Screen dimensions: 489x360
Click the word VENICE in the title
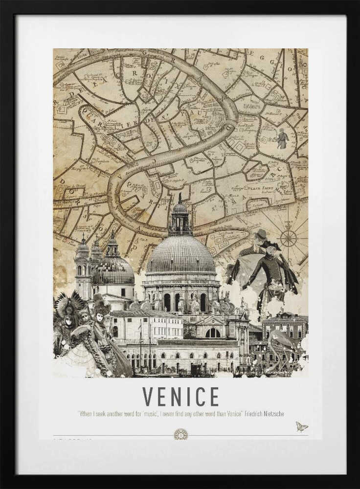coord(180,397)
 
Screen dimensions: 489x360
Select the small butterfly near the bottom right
coord(301,427)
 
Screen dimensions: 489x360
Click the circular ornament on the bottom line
coord(180,434)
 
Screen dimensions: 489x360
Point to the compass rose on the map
coord(288,238)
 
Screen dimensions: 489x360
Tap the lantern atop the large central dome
coord(180,218)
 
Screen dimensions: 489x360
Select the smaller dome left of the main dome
coord(113,269)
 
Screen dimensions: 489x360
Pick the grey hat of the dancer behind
coord(261,234)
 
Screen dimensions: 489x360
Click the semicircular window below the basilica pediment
coord(213,333)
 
